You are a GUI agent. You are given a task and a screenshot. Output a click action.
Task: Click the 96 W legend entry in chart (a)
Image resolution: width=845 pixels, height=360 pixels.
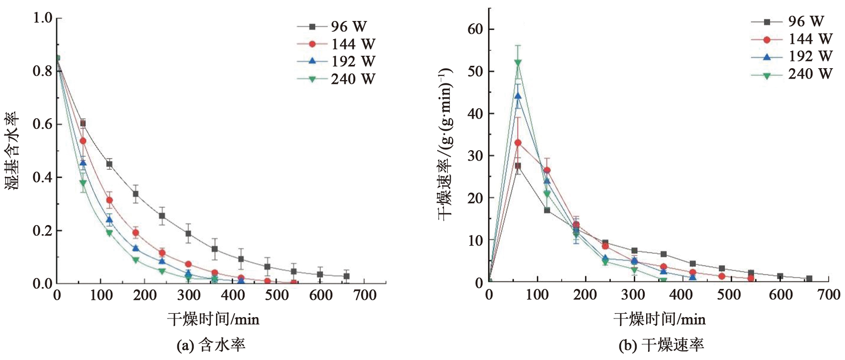click(x=336, y=27)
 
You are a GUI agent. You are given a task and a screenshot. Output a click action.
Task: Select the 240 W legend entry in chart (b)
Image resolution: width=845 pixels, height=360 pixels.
click(x=792, y=74)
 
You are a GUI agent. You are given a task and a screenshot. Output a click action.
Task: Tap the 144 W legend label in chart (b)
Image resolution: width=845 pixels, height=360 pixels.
click(x=810, y=39)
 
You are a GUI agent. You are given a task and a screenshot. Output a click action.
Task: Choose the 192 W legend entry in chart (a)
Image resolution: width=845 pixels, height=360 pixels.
click(x=336, y=62)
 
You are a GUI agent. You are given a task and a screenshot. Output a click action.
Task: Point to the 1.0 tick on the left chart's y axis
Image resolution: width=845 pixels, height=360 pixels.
click(x=42, y=18)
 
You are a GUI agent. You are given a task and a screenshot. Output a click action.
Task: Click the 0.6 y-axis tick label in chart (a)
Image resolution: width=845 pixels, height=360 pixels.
click(x=42, y=124)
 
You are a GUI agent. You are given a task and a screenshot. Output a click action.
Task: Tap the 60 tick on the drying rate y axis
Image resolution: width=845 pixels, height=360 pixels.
click(x=475, y=29)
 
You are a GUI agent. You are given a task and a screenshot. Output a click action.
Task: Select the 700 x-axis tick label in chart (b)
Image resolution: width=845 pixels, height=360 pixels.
click(x=829, y=295)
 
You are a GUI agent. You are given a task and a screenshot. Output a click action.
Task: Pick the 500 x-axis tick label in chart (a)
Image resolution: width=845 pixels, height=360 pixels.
click(x=277, y=296)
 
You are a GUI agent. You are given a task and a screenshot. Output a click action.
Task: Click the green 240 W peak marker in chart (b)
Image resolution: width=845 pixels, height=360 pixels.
click(x=518, y=62)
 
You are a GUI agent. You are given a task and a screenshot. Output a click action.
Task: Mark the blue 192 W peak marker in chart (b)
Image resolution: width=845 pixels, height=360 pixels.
click(x=518, y=96)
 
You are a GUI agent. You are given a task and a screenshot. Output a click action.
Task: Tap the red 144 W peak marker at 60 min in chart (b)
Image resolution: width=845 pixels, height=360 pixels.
click(x=518, y=143)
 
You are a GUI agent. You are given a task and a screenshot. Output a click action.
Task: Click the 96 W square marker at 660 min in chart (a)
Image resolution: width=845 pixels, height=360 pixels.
click(x=347, y=276)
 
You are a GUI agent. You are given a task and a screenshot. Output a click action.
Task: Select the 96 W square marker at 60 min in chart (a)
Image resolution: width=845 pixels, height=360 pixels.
click(x=83, y=123)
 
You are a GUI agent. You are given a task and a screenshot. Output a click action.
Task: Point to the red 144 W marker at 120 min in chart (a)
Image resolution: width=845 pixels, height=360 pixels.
click(x=109, y=200)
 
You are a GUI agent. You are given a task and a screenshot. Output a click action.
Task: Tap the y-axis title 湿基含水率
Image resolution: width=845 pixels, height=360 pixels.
click(x=12, y=151)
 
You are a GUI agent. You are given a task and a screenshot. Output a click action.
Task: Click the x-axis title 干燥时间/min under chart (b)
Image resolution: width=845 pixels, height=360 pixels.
click(x=660, y=319)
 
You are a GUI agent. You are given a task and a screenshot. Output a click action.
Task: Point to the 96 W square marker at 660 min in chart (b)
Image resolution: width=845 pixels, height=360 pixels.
click(x=809, y=278)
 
